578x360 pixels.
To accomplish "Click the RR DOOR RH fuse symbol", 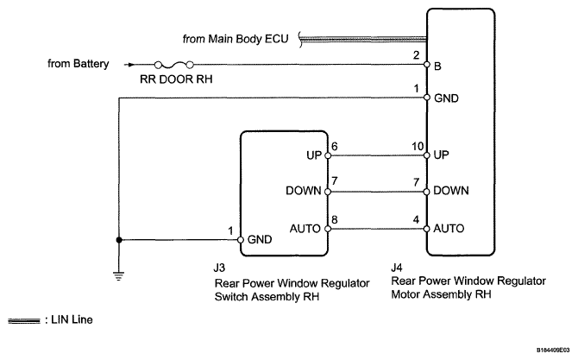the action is coord(174,66).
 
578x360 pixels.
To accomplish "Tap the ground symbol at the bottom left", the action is coord(119,276).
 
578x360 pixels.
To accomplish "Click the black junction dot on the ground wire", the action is coord(119,240).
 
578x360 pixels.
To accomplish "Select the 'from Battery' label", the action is coord(79,63).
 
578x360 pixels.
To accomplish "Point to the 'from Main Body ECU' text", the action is coord(236,39).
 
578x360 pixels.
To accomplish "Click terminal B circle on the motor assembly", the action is coord(427,65).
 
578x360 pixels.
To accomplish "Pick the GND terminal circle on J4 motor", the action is coord(427,98).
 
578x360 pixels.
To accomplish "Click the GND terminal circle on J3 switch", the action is coord(241,240).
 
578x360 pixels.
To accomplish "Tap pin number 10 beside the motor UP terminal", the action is coord(418,147).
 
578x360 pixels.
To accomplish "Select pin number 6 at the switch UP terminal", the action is coord(335,147).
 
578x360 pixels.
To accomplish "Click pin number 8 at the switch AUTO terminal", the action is coord(335,220).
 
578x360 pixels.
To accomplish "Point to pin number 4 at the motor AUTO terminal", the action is coord(416,220).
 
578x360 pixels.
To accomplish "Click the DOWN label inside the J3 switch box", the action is coord(304,191).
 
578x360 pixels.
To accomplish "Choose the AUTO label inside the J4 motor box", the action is coord(449,229).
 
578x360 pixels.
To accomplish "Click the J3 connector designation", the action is coord(219,268).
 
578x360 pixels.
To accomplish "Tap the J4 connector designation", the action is coord(397,268).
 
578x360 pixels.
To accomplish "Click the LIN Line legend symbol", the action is coord(24,321).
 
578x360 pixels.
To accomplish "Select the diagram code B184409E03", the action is coord(553,350).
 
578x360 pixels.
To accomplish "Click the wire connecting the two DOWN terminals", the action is coord(377,192).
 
